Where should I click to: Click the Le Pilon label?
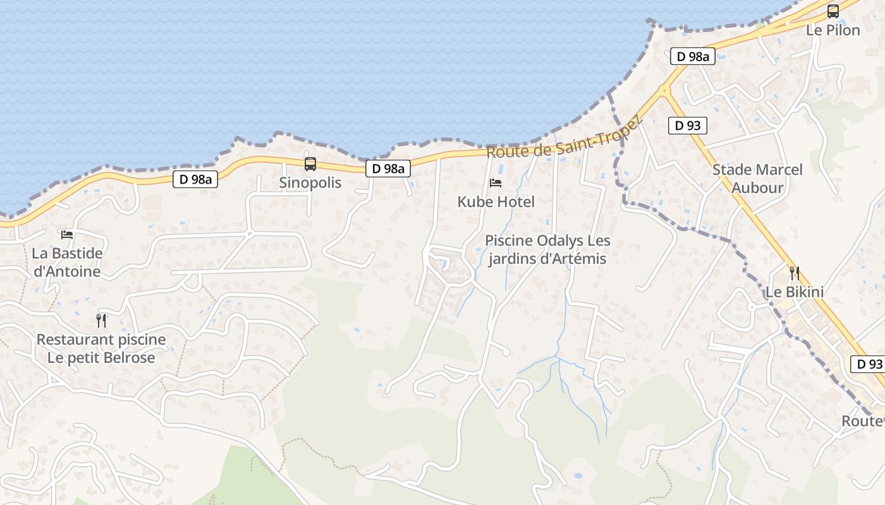click(833, 30)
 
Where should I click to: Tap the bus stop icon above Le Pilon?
click(833, 11)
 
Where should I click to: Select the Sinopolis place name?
click(310, 183)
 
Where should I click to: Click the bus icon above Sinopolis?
click(310, 164)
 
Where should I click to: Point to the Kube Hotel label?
click(496, 202)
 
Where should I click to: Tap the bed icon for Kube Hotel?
click(496, 183)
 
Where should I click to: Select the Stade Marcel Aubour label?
click(757, 179)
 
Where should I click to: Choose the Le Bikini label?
click(794, 292)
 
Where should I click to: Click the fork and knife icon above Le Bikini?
click(794, 273)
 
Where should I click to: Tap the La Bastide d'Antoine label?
click(67, 263)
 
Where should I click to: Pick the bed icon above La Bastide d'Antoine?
click(67, 235)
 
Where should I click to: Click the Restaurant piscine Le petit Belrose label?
click(101, 348)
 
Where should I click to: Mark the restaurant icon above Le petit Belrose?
click(101, 320)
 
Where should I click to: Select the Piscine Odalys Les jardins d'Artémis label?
click(547, 250)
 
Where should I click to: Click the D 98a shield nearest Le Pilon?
click(692, 57)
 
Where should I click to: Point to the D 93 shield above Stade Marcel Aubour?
click(687, 126)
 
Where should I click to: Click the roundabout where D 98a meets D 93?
click(664, 91)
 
